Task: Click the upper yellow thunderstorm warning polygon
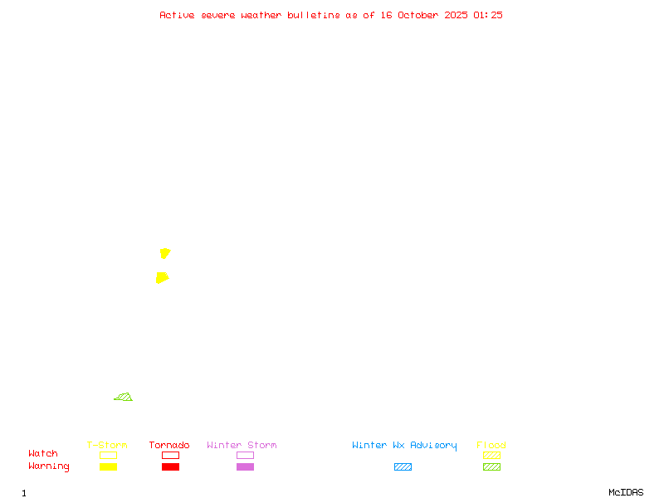(165, 253)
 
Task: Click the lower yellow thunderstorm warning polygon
(162, 277)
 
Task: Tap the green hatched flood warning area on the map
(124, 398)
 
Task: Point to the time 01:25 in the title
(488, 15)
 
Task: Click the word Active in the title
(177, 15)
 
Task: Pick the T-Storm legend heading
(107, 446)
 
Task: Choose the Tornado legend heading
(169, 446)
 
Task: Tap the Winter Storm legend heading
(242, 446)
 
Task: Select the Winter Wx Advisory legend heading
(404, 446)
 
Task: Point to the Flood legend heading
(491, 446)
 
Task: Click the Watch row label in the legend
(43, 454)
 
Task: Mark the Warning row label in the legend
(49, 466)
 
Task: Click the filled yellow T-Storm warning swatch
(108, 467)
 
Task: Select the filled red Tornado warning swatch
(170, 467)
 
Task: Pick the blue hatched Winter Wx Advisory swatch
(403, 467)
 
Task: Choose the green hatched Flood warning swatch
(491, 467)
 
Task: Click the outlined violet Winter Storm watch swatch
(245, 456)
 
